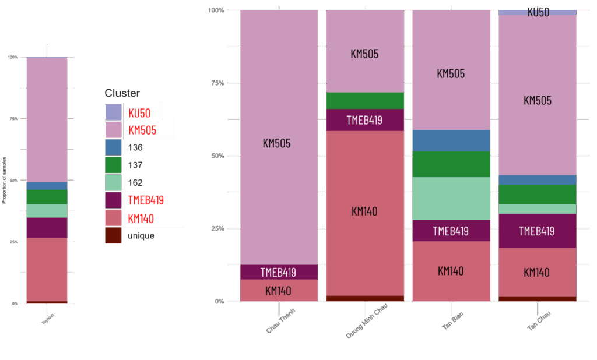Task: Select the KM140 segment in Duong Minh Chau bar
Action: coord(364,211)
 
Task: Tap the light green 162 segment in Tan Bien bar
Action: coord(451,198)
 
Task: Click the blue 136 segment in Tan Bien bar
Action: coord(451,140)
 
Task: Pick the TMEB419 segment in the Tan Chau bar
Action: coord(537,231)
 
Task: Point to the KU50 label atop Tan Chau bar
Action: coord(538,12)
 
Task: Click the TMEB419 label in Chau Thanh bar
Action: coord(278,272)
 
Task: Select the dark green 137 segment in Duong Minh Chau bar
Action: coord(364,101)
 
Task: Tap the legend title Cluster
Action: coord(122,93)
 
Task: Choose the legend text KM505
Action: coord(142,130)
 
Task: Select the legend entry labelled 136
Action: coord(135,147)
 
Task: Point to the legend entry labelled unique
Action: coord(141,236)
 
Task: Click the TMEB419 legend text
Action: coord(146,200)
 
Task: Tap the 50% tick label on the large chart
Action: coord(217,156)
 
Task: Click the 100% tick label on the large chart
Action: coord(216,10)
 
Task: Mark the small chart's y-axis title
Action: coord(4,180)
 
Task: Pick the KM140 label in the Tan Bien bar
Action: coord(451,271)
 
